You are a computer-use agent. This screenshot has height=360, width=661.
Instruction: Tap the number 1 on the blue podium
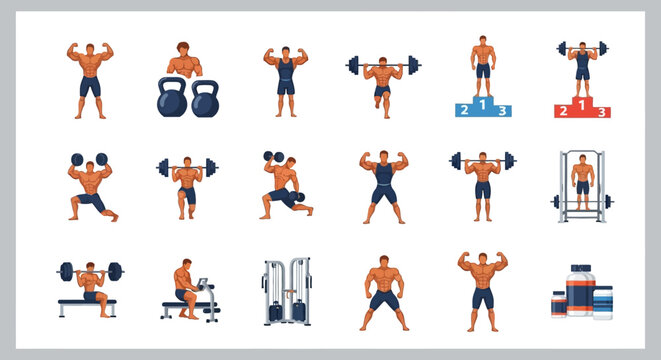point(483,103)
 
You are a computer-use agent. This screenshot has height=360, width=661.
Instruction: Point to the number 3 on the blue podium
point(503,111)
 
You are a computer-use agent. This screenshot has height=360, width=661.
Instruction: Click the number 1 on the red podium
point(581,103)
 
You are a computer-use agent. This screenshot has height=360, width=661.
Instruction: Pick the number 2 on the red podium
point(561,110)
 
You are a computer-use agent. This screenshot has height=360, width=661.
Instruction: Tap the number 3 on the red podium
point(602,112)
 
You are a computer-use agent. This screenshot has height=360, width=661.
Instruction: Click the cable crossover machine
point(286,292)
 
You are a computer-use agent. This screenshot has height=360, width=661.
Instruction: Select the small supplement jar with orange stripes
point(558,303)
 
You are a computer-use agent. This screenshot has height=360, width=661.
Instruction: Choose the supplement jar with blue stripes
point(603,302)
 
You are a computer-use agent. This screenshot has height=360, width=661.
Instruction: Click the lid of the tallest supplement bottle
point(581,271)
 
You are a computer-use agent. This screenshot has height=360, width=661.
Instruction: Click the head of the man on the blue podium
point(483,40)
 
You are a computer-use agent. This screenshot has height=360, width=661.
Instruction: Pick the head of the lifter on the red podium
point(581,46)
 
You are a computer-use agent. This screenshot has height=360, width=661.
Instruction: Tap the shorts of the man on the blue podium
point(483,70)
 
